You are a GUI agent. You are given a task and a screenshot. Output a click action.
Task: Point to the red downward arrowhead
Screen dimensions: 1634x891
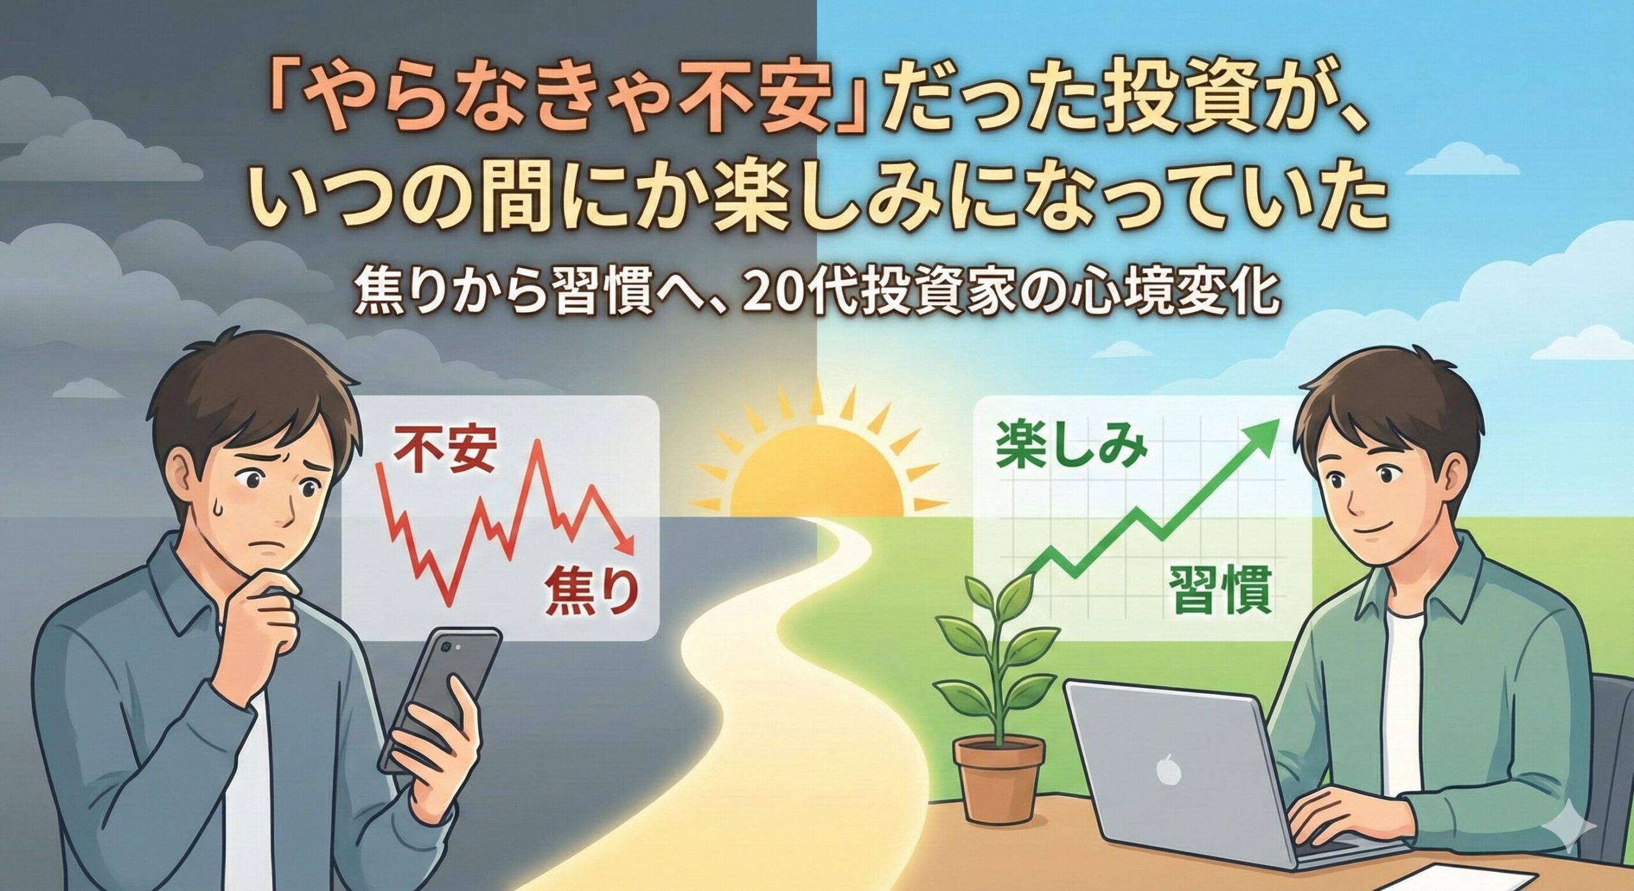pos(624,546)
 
